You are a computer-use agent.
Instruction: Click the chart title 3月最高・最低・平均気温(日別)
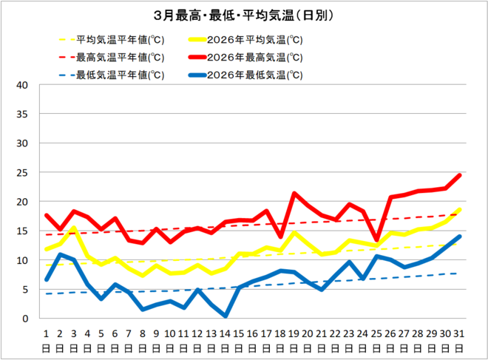tap(243, 16)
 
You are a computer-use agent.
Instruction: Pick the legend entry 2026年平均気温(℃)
tap(255, 40)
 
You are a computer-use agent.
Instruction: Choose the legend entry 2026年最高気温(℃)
tap(255, 57)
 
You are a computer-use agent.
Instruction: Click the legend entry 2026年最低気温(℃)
tap(255, 75)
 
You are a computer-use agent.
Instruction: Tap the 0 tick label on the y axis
tap(25, 319)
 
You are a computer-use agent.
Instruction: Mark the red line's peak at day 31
tap(459, 175)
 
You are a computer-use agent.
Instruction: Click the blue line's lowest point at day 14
tap(225, 316)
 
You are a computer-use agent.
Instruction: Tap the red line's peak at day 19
tap(294, 194)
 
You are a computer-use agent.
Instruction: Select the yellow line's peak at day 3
tap(74, 228)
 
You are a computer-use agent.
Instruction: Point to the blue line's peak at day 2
tap(60, 255)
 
